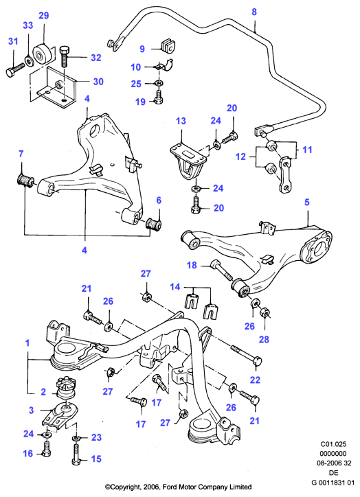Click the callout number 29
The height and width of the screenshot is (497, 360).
44,15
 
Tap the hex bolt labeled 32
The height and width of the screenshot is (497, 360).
64,56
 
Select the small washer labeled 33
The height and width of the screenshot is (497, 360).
30,60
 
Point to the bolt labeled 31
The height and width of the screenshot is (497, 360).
15,69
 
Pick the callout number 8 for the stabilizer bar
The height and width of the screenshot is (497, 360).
254,12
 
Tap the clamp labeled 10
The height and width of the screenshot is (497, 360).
163,67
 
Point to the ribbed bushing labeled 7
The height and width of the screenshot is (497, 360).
25,180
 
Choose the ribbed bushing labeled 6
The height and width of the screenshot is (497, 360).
154,224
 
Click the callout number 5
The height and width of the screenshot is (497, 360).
306,203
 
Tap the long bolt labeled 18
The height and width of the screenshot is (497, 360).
223,270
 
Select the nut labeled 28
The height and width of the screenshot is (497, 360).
265,312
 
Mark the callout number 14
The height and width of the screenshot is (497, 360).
175,287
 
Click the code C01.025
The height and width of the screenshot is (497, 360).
333,444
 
